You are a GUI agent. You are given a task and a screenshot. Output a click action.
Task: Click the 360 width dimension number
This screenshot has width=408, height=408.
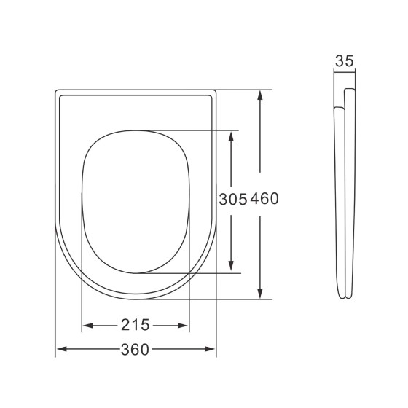[136, 350]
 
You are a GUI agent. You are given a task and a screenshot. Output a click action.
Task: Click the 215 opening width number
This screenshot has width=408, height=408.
[136, 324]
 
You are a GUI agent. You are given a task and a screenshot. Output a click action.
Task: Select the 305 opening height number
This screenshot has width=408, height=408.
[234, 199]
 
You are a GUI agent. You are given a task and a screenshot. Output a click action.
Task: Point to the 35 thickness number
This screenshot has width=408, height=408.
[345, 62]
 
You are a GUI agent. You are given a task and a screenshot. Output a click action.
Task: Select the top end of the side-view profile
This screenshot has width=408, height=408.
[349, 90]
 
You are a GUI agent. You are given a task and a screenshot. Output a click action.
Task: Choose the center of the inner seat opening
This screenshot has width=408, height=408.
[136, 202]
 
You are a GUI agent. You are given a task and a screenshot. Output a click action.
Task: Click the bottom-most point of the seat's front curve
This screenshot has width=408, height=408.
[136, 299]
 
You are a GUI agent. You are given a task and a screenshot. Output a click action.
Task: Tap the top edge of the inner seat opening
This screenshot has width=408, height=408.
[136, 131]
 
